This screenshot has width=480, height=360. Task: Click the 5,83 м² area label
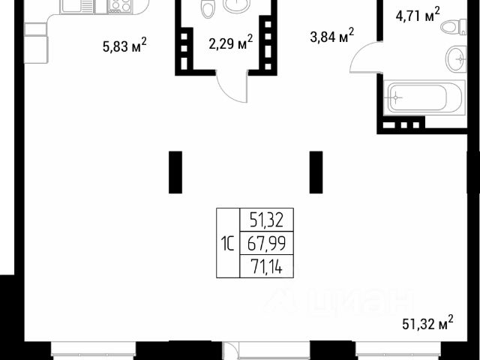click(124, 46)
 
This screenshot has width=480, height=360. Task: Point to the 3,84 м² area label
click(332, 36)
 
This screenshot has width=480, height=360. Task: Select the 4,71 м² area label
click(417, 13)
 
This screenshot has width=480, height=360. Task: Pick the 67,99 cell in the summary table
click(265, 243)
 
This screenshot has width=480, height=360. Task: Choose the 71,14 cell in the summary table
click(265, 265)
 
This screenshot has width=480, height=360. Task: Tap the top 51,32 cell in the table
click(265, 220)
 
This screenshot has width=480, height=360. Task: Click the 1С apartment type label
click(227, 243)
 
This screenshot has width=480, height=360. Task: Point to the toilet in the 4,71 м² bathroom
click(450, 27)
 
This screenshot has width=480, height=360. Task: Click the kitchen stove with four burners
click(119, 7)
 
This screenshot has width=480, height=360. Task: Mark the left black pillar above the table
click(175, 172)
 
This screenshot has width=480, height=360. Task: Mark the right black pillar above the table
click(316, 172)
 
